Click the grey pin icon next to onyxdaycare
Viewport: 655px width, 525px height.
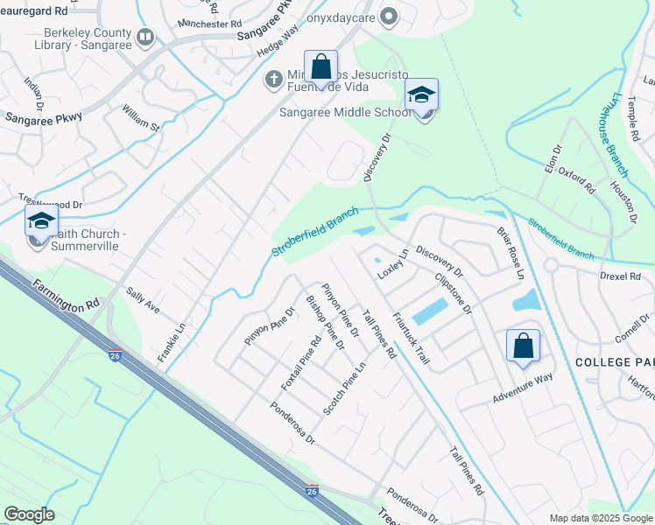(x=391, y=15)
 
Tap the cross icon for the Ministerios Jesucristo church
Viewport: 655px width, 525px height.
(x=273, y=80)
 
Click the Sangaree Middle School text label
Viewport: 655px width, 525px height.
(x=345, y=113)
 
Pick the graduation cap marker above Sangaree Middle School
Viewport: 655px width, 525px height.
(x=421, y=95)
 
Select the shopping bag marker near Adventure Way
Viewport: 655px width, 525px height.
(x=523, y=346)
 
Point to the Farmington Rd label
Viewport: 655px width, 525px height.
(x=67, y=296)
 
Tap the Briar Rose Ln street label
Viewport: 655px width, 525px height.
(x=511, y=249)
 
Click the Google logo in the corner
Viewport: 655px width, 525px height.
(x=29, y=514)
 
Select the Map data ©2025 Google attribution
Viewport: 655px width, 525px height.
(x=600, y=518)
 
